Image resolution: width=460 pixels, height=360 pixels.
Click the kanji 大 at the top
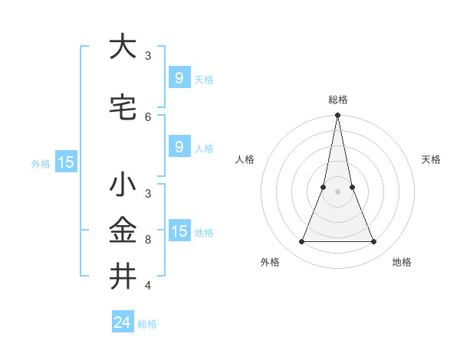[x=123, y=47]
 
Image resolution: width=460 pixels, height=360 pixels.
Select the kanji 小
[x=123, y=185]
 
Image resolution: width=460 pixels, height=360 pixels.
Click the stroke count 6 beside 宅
[x=148, y=116]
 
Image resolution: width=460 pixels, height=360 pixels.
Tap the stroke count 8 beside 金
[x=148, y=240]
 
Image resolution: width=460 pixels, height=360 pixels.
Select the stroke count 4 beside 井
[x=148, y=286]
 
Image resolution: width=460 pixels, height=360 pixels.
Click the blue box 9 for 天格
[x=179, y=78]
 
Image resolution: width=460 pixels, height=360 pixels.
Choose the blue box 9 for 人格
[x=179, y=146]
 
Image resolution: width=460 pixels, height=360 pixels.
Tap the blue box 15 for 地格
[x=179, y=231]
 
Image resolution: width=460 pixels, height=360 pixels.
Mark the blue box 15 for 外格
[x=66, y=162]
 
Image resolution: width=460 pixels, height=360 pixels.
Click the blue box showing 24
[x=123, y=322]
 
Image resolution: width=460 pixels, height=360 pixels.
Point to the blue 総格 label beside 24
[x=147, y=324]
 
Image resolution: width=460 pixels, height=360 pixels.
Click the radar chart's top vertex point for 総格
[x=337, y=116]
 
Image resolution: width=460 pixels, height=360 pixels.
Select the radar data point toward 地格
[x=374, y=242]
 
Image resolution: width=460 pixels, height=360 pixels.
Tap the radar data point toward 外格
[x=301, y=242]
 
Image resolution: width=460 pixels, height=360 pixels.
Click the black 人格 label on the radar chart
[x=245, y=159]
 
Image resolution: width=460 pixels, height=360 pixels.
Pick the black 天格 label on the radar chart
[x=431, y=159]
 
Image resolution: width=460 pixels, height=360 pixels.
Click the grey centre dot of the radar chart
[x=337, y=191]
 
